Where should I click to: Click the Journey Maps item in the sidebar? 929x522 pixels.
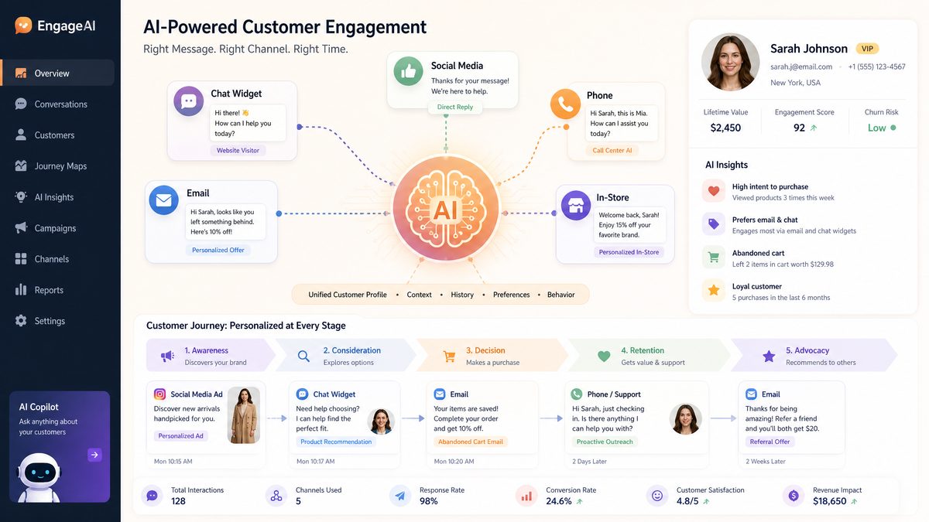(x=51, y=166)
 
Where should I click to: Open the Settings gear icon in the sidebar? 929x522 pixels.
(x=21, y=321)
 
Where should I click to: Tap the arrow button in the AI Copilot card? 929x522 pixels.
(x=94, y=455)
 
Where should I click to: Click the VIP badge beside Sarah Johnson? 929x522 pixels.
(x=867, y=49)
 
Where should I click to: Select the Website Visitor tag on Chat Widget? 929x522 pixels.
(x=238, y=150)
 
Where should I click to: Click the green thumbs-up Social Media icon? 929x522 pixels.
(x=408, y=72)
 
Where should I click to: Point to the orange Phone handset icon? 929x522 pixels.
(x=565, y=104)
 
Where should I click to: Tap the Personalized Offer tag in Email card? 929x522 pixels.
(x=218, y=250)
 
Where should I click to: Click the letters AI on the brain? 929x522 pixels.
(x=445, y=210)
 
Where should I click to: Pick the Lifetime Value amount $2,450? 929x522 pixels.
(x=725, y=128)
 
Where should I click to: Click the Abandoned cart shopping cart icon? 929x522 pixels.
(x=713, y=258)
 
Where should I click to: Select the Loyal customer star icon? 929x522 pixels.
(x=713, y=291)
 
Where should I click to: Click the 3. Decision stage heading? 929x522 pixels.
(x=485, y=350)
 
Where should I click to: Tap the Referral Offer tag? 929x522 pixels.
(x=770, y=442)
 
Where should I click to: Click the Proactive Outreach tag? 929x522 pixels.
(x=605, y=442)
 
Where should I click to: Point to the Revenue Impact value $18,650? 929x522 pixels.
(x=829, y=501)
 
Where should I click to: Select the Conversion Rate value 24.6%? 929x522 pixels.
(x=559, y=501)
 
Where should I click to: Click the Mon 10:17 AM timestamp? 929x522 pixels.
(x=316, y=461)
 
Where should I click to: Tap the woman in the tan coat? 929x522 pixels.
(x=244, y=415)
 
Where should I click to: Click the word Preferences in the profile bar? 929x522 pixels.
(x=512, y=295)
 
